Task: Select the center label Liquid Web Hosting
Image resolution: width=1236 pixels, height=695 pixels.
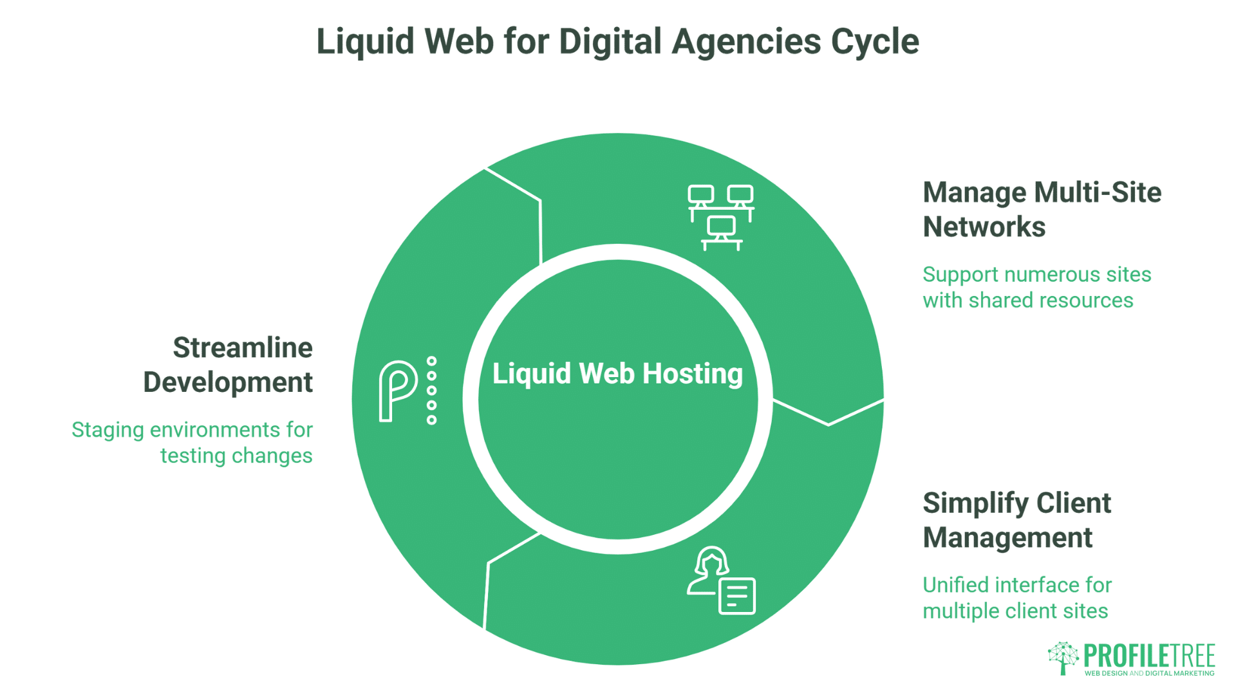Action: (x=617, y=373)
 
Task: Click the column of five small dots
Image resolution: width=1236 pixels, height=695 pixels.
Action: (x=432, y=391)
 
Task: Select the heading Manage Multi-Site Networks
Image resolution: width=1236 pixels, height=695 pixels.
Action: (x=1041, y=209)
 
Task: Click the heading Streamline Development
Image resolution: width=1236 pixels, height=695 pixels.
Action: (x=229, y=365)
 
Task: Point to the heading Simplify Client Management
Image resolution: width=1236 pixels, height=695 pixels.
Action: (x=1016, y=520)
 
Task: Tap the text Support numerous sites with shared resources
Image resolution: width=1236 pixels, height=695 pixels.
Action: (x=1036, y=287)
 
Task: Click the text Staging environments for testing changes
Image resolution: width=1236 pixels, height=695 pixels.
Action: (x=192, y=442)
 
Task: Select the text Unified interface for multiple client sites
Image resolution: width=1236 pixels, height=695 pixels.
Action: (x=1016, y=597)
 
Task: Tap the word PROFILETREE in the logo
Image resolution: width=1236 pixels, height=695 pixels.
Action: (x=1149, y=656)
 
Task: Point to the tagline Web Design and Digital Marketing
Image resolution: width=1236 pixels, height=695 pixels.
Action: (x=1149, y=673)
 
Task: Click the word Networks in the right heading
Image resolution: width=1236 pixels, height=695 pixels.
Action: (x=984, y=227)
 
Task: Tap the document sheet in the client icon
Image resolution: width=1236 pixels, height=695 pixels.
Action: (x=736, y=597)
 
